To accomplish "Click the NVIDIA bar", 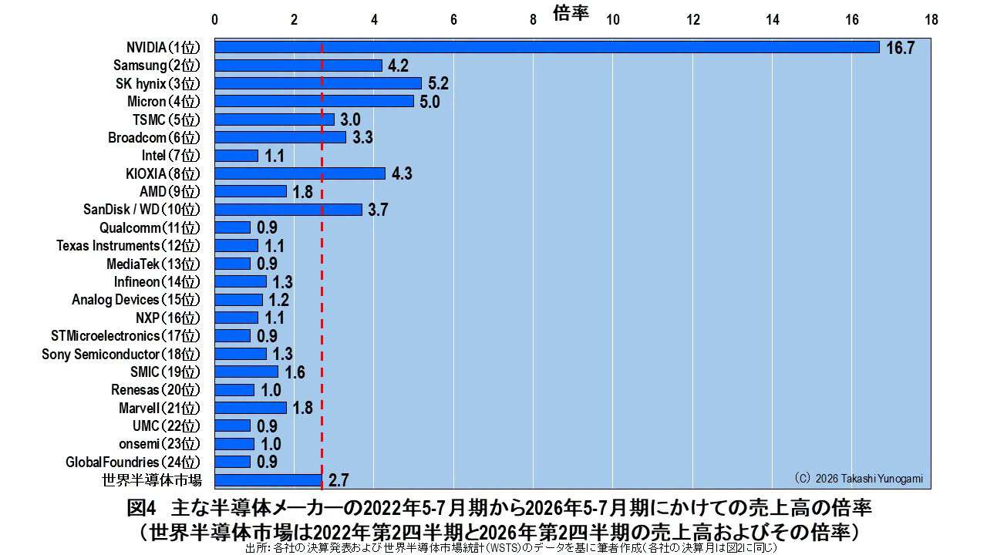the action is click(x=547, y=47).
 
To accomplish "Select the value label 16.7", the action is click(x=900, y=48).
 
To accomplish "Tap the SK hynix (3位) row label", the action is click(x=158, y=84).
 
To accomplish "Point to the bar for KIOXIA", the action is click(x=300, y=173).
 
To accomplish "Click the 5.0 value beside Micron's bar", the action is click(x=429, y=102).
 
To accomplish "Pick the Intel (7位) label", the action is click(x=170, y=156).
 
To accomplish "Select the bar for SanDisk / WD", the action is click(x=288, y=210).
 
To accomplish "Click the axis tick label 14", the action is click(x=773, y=20).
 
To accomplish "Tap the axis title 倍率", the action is click(x=571, y=12).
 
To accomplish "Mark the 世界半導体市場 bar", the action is click(x=268, y=480).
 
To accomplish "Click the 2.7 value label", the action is click(x=339, y=480).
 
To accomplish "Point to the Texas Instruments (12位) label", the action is click(x=128, y=246).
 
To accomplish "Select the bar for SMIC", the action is click(x=246, y=372).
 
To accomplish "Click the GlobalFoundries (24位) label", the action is click(x=133, y=462).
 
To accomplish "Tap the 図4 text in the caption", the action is click(x=141, y=508).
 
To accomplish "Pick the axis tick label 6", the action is click(x=453, y=20).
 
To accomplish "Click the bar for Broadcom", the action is click(x=280, y=137).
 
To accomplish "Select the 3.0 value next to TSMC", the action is click(x=350, y=119).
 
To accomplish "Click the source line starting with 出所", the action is click(x=510, y=548).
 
